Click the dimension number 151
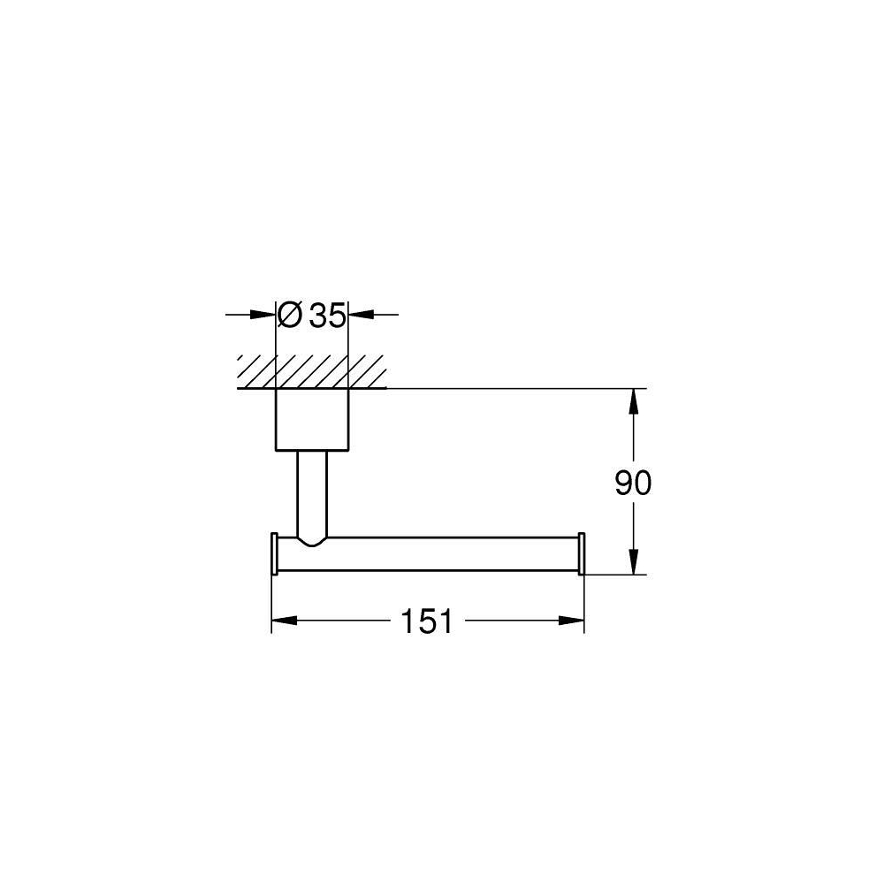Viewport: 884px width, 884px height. tap(426, 621)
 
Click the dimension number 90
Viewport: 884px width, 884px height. tap(633, 483)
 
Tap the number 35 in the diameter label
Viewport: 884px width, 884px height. tap(327, 316)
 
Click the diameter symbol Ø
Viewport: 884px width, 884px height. tap(290, 315)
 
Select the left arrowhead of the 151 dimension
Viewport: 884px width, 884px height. tap(284, 621)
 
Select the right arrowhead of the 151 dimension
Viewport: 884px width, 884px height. tap(571, 621)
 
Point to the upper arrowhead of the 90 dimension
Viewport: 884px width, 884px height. tap(633, 401)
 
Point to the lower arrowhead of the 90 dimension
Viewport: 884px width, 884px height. tap(633, 561)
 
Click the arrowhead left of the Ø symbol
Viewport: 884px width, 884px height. tap(263, 315)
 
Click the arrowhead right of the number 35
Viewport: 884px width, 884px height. tap(362, 315)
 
